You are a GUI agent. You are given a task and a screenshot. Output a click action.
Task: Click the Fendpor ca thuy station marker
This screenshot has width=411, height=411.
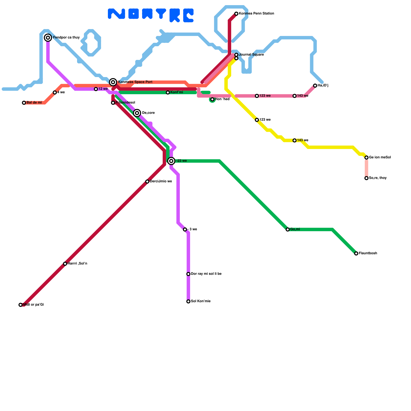[x=48, y=38]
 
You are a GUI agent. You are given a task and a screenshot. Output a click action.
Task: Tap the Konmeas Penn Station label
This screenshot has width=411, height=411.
[x=256, y=14]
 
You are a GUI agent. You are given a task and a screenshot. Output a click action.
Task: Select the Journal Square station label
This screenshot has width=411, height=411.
[x=251, y=55]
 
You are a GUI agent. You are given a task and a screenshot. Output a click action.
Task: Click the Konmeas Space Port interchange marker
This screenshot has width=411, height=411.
[x=113, y=82]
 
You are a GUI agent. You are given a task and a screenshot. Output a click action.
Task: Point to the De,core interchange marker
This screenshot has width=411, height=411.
[x=137, y=113]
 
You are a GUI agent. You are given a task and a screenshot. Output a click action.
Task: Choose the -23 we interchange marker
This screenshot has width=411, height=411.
[x=171, y=161]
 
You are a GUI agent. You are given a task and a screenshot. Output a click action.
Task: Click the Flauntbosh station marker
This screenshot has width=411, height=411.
[x=356, y=254]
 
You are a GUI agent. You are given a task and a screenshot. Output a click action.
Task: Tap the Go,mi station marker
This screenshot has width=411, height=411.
[x=288, y=229]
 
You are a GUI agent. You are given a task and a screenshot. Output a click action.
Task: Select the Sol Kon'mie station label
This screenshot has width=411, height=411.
[x=201, y=301]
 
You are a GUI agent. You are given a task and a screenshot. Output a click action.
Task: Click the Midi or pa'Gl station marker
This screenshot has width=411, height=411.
[x=21, y=305]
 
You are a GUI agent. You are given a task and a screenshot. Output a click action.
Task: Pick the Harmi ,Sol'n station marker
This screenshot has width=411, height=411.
[x=65, y=264]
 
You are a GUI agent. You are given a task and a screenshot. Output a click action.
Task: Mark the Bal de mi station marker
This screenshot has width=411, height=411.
[x=24, y=103]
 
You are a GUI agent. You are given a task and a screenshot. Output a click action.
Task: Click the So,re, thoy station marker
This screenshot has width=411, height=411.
[x=367, y=178]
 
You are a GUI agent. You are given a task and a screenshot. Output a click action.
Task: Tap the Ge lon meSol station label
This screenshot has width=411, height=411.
[x=380, y=157]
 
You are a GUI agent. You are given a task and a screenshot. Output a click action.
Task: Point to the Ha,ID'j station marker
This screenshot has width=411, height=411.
[x=315, y=86]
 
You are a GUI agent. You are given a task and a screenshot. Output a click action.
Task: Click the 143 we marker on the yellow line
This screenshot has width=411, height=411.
[x=295, y=141]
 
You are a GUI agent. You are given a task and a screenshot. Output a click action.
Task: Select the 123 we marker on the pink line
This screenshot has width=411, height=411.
[x=257, y=96]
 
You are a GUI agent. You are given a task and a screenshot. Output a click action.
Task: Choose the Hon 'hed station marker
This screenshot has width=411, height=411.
[x=212, y=99]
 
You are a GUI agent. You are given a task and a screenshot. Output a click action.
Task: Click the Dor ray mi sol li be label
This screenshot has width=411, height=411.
[x=206, y=274]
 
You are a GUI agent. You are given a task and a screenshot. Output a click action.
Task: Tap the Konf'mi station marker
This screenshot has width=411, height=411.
[x=168, y=92]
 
